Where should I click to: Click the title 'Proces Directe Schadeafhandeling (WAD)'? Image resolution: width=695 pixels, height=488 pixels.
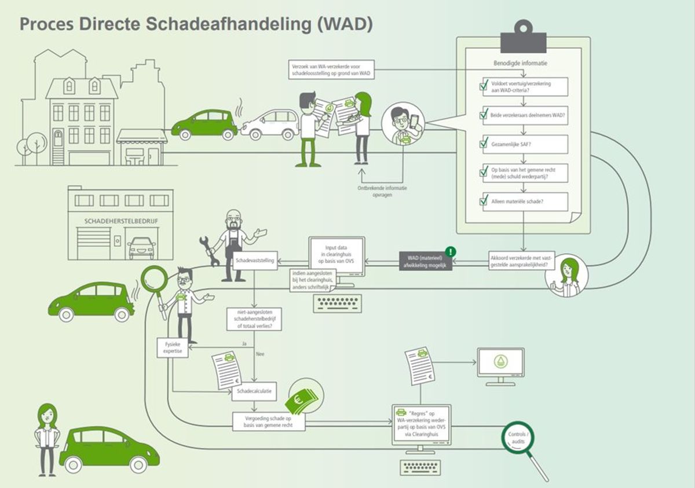(x=196, y=24)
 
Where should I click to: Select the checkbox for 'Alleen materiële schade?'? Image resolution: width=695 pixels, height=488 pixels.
(x=484, y=201)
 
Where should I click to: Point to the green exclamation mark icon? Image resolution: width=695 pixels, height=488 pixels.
(x=451, y=252)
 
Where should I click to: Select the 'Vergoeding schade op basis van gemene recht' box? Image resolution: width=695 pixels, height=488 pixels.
(x=268, y=421)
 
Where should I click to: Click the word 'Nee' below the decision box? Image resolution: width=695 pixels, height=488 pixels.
(x=260, y=354)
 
